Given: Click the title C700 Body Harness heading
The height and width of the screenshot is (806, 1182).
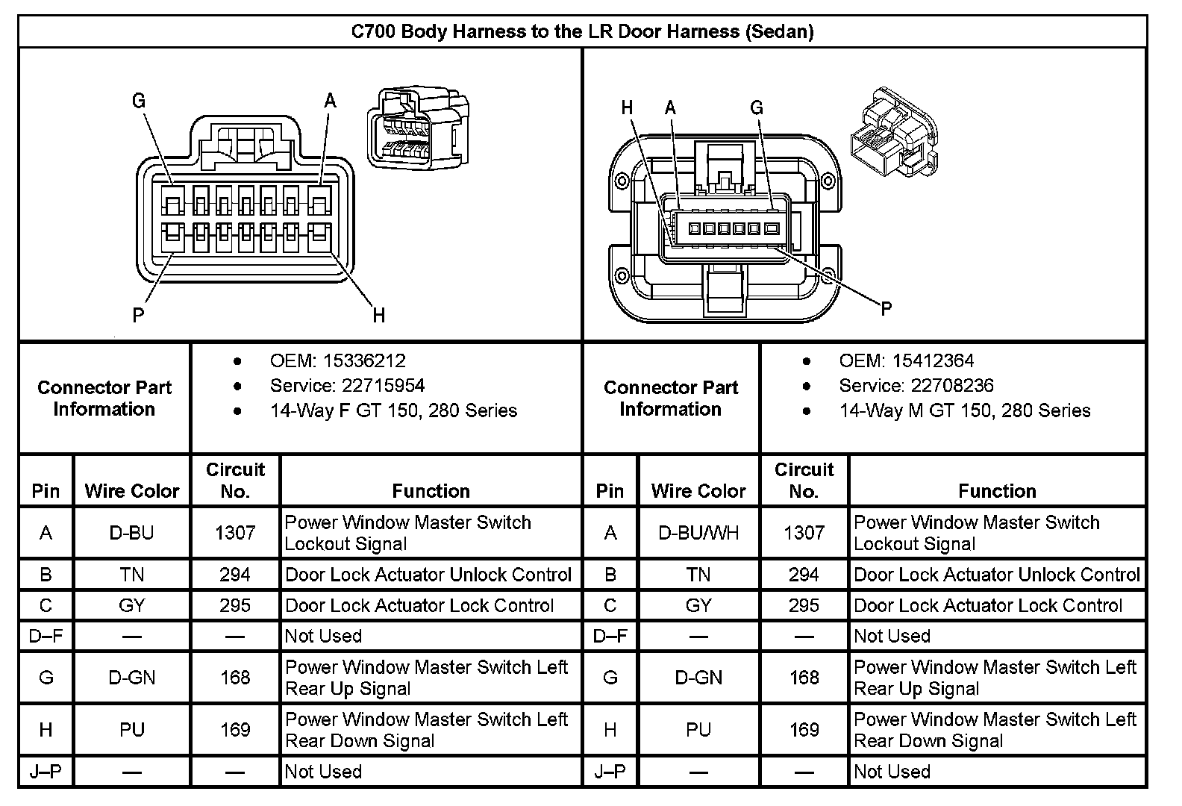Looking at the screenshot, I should coord(582,31).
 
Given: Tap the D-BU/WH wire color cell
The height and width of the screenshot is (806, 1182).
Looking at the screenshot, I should coord(698,533).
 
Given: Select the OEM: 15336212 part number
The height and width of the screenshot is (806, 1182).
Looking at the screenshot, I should coord(337,361).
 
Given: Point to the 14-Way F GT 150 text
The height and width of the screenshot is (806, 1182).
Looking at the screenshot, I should coord(393,410).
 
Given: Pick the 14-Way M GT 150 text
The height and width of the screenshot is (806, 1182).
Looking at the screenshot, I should coord(964,410).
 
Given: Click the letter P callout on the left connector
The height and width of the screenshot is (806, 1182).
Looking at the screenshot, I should coord(138,315).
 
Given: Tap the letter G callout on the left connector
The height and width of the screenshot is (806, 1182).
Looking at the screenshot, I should coord(139,101).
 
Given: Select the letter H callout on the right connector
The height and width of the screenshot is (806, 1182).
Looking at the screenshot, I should coord(628,108).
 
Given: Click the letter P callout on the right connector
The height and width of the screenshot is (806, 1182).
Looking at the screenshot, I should coord(886,308).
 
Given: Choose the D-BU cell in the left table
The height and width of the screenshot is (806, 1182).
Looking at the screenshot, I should coord(132,533).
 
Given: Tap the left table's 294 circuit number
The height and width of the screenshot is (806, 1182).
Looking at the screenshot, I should coord(235,575).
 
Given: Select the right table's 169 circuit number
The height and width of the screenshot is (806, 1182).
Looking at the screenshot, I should coord(804,729).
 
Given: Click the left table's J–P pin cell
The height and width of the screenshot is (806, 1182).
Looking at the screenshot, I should coord(46,772).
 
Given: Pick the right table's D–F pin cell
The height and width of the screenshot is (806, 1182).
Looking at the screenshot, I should coord(610,637).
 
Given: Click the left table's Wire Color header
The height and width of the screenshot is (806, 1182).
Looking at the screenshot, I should coord(132,491).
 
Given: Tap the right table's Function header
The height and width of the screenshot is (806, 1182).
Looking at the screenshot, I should coord(997,491).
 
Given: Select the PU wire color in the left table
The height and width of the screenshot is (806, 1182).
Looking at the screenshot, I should coord(132,729).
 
